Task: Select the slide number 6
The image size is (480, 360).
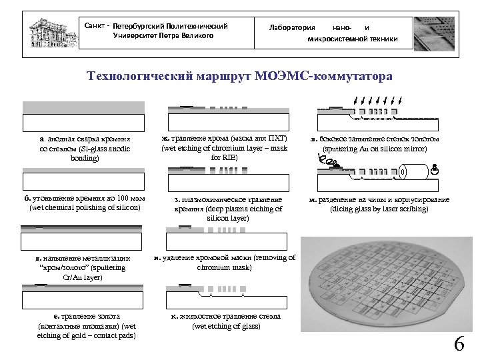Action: tap(459, 344)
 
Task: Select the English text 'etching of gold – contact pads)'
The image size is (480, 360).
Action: tap(87, 335)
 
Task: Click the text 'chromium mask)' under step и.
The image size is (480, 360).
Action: tap(225, 267)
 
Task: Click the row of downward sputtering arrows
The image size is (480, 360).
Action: tap(377, 102)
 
